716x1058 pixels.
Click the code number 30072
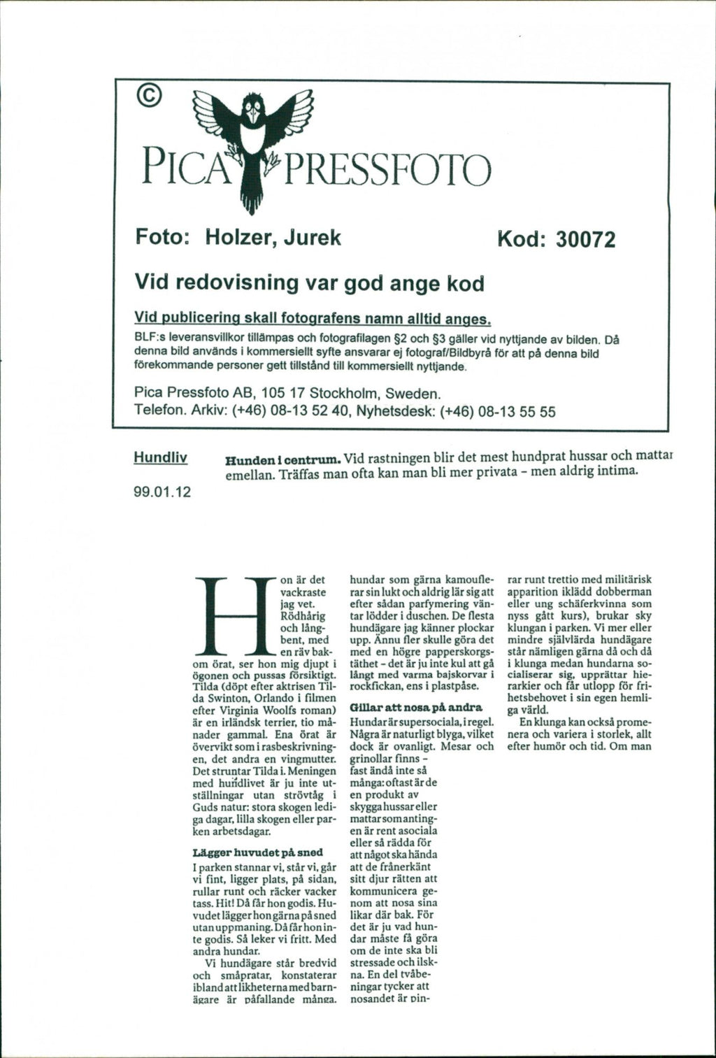[585, 240]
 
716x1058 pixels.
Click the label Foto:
[160, 238]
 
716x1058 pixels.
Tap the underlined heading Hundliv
[160, 458]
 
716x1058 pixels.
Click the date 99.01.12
[162, 492]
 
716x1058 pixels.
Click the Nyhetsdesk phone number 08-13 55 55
[516, 411]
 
